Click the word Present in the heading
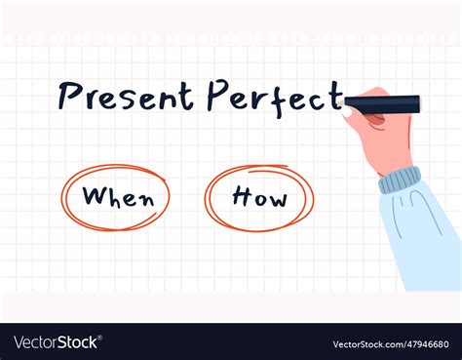click(127, 96)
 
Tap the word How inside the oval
click(259, 198)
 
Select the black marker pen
click(382, 102)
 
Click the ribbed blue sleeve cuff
click(400, 181)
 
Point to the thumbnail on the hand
click(348, 111)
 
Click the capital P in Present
click(67, 96)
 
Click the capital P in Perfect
click(217, 96)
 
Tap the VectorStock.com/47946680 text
click(389, 342)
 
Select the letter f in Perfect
click(281, 96)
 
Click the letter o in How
click(260, 200)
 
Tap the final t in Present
click(186, 96)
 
